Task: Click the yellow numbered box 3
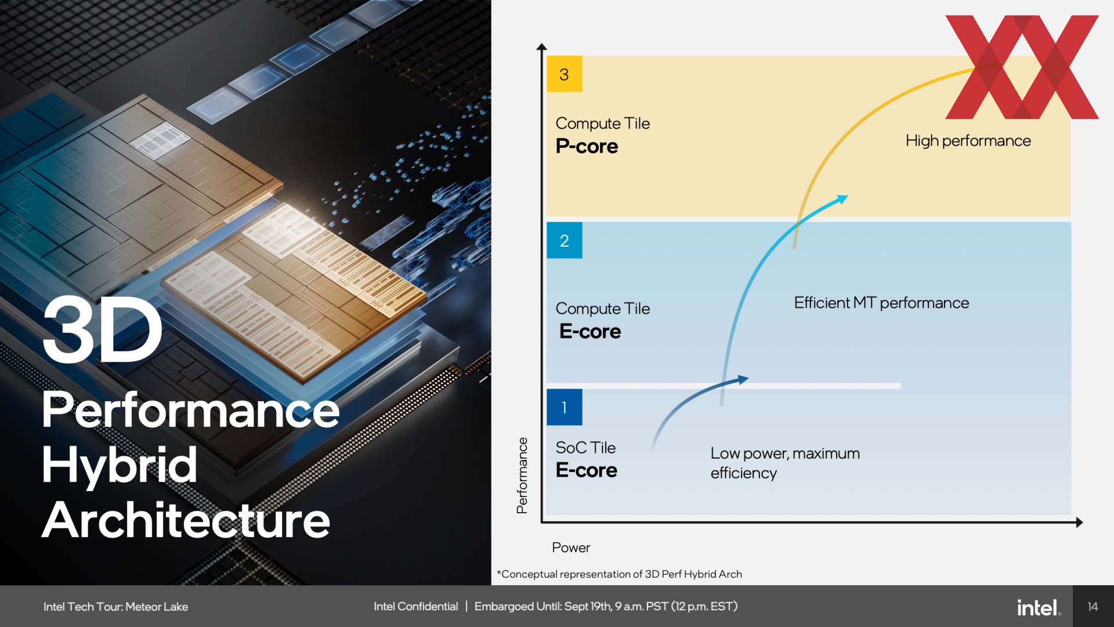coord(565,74)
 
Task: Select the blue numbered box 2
coord(565,240)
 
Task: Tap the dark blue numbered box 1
coord(565,407)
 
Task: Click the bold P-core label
coord(587,146)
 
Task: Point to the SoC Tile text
coord(585,448)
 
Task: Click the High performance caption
coord(968,141)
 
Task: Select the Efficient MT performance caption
coord(881,303)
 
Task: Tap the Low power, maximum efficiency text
coord(785,463)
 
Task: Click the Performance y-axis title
coord(522,475)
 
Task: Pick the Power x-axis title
coord(571,547)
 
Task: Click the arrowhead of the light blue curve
coord(841,200)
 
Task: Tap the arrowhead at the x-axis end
coord(1079,522)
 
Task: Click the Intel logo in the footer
coord(1039,607)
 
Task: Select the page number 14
coord(1093,607)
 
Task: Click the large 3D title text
coord(103,329)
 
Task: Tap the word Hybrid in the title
coord(120,464)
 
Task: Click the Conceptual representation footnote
coord(619,574)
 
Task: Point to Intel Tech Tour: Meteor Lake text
coord(115,607)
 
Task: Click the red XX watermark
coord(1022,67)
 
